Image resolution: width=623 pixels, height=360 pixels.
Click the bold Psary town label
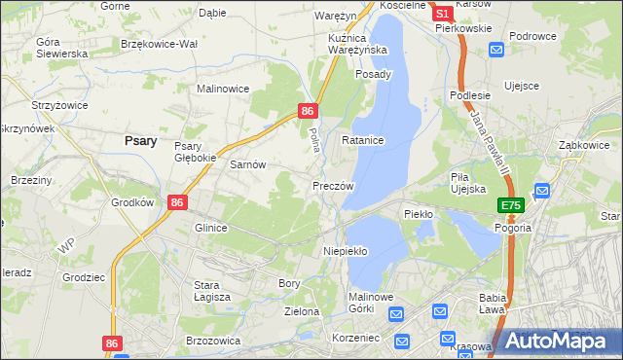tap(141, 140)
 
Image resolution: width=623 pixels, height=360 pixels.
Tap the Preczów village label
tap(332, 185)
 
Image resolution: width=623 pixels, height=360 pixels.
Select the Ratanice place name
tap(363, 140)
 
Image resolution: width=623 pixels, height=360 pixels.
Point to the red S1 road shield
tap(442, 14)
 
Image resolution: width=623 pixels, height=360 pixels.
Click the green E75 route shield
tap(511, 205)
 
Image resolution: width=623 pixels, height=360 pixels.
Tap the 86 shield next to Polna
tap(307, 112)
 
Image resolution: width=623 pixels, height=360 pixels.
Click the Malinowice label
tap(224, 89)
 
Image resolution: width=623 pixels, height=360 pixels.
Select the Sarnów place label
tap(247, 164)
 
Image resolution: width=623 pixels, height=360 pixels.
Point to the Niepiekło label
tap(345, 250)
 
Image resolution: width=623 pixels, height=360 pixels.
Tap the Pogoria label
tap(512, 227)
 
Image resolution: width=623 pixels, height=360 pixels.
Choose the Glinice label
tap(210, 228)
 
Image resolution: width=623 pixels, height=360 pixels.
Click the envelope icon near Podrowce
tap(497, 50)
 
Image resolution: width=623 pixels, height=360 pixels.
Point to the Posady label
tap(373, 74)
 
